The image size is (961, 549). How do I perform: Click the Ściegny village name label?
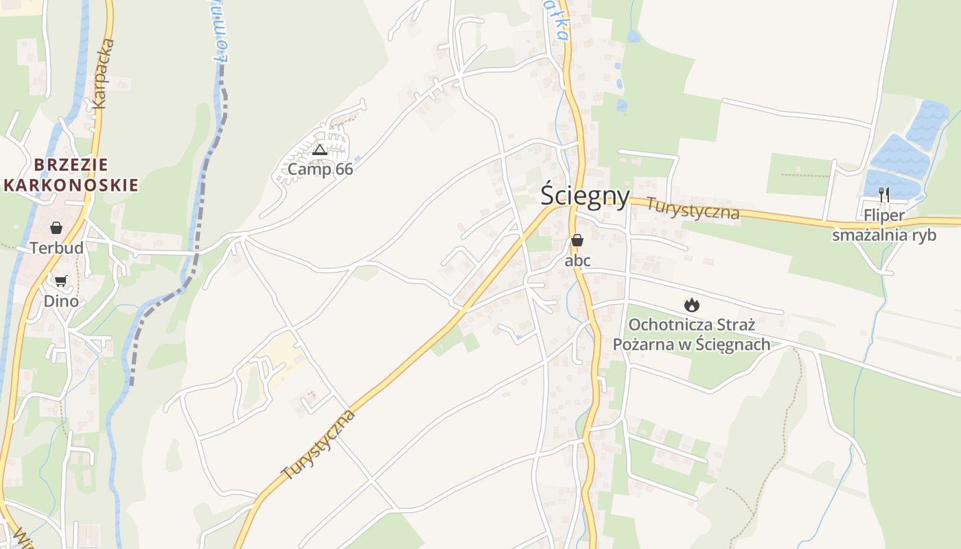pos(585,196)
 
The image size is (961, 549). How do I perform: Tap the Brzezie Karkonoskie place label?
pos(71,175)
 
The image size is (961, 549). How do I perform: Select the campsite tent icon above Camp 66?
pos(319,150)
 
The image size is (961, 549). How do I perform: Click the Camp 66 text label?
pos(320,169)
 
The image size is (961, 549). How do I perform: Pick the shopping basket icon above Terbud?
pos(56,228)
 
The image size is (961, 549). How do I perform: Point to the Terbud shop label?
pos(56,248)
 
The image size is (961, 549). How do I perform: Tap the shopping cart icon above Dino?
pos(61,281)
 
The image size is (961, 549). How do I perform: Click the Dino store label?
pos(61,301)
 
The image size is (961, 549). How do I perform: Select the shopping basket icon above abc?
pos(577,240)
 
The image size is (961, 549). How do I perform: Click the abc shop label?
pos(577,261)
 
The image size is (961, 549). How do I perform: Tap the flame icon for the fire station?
pos(692,304)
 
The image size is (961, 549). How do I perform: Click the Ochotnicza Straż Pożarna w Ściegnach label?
pos(691,334)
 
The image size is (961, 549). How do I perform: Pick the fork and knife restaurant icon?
pos(884,195)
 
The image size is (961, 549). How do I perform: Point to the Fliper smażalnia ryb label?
pos(884,225)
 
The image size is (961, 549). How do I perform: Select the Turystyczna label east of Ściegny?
pos(693,209)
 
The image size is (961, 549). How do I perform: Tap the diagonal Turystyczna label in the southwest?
pos(319,444)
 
